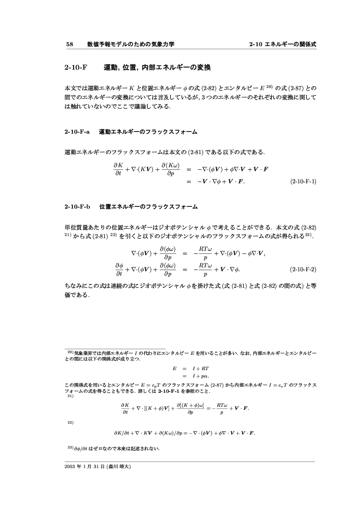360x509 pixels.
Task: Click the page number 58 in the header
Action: point(69,44)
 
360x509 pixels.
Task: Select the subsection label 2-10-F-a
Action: point(77,131)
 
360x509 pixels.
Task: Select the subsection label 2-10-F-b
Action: point(77,206)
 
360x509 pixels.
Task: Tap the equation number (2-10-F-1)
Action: point(303,181)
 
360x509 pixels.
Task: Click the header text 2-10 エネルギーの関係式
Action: point(282,44)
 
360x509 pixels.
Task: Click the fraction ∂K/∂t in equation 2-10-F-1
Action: point(117,169)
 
